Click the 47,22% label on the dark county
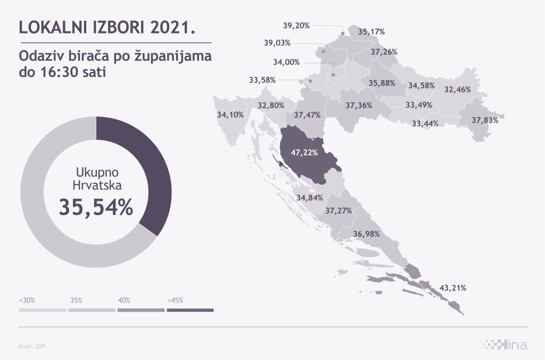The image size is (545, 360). [x=304, y=153]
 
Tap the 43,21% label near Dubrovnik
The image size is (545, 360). [x=453, y=288]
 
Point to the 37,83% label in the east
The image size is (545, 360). [x=485, y=120]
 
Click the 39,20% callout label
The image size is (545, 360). [x=296, y=25]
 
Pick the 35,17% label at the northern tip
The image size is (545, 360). [x=371, y=32]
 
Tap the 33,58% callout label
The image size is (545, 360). [x=262, y=80]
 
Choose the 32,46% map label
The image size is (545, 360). [x=458, y=89]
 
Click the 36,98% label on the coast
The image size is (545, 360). [x=366, y=234]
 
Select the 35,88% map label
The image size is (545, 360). [x=382, y=83]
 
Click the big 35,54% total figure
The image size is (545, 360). [x=96, y=208]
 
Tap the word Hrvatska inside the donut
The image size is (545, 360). [x=96, y=186]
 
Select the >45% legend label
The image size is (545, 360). [x=175, y=300]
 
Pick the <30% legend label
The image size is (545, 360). [x=27, y=300]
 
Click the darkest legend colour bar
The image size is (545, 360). [x=190, y=309]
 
